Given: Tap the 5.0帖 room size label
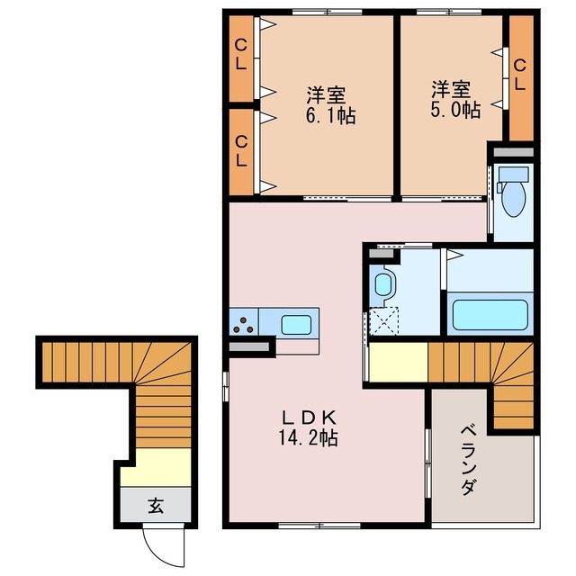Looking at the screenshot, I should [454, 109].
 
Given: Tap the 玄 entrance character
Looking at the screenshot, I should [155, 506].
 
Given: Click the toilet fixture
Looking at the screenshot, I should [515, 199].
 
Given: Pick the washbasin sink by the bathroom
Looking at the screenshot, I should [383, 287].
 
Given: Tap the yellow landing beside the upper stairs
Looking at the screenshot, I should [395, 364].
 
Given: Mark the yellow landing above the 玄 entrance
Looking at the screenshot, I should [158, 466].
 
